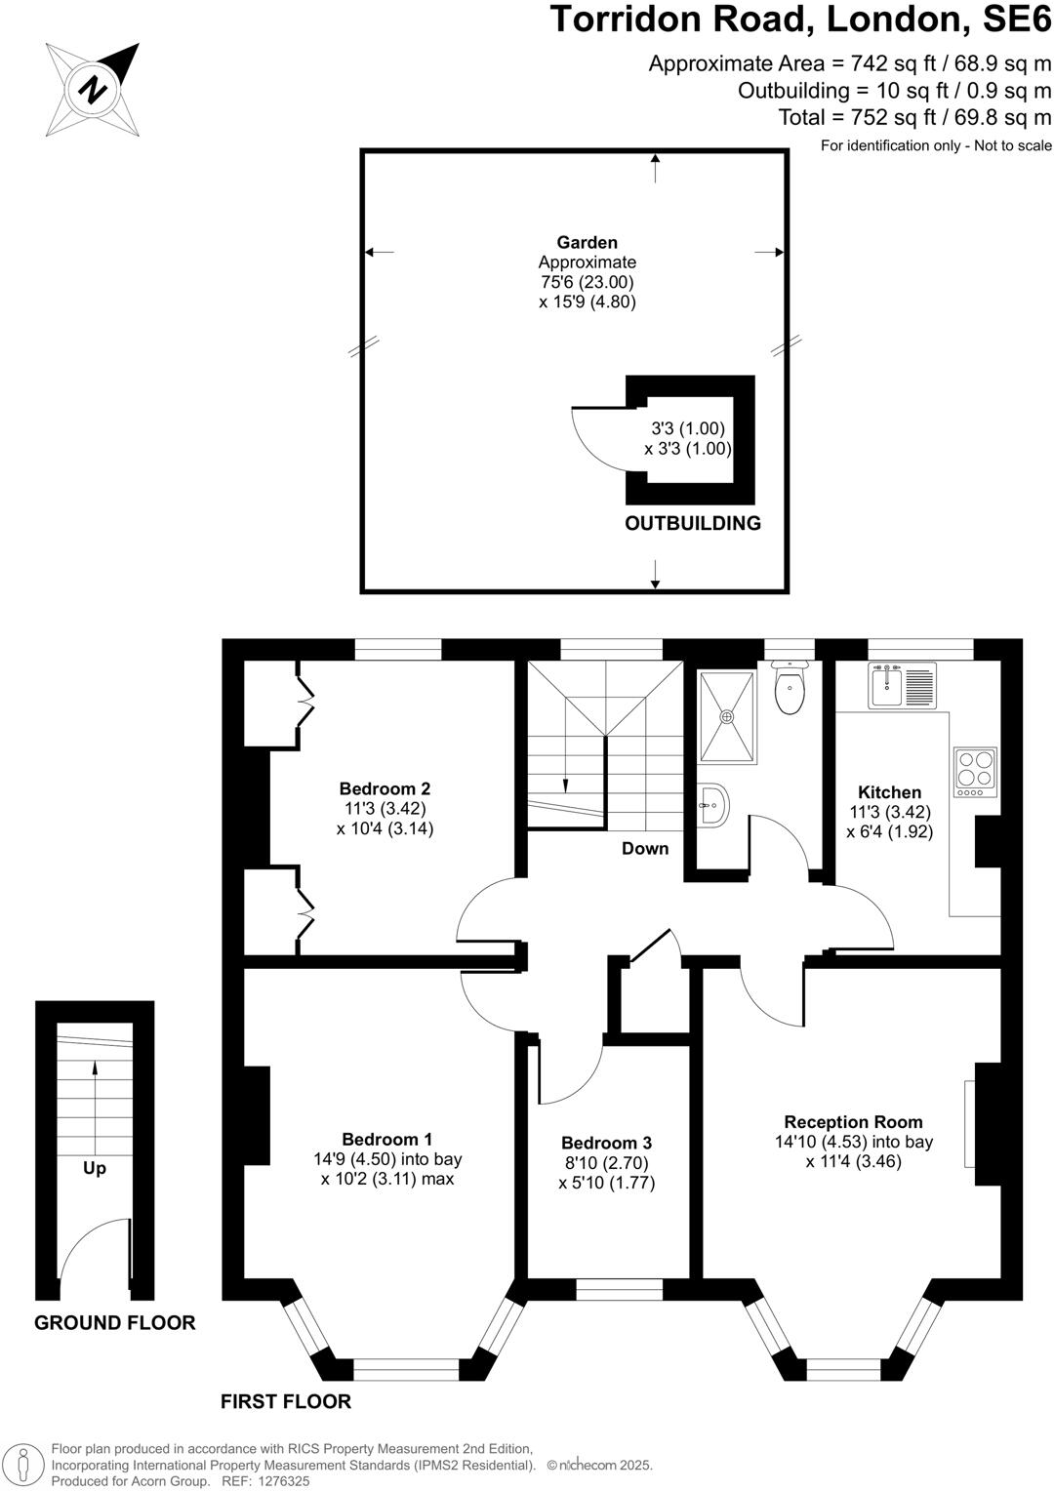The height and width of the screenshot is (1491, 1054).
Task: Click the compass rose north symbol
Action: click(93, 90)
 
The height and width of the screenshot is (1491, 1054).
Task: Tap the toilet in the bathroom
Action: click(789, 686)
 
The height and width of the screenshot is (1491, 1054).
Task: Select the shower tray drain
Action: click(726, 717)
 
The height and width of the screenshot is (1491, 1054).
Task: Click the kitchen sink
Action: click(887, 685)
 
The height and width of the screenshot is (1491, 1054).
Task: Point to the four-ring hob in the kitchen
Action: click(975, 767)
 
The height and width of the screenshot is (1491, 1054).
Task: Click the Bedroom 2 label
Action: click(385, 788)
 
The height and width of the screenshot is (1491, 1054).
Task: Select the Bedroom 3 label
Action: click(606, 1143)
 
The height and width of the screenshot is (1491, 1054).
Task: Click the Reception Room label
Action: click(853, 1122)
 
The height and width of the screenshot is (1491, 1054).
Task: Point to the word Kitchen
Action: click(889, 792)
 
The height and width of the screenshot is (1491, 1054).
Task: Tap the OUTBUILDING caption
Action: click(693, 523)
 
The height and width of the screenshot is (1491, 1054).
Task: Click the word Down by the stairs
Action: click(645, 848)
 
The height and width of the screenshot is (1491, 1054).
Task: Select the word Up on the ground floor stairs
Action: click(95, 1168)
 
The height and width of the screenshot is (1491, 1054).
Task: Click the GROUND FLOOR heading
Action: click(115, 1322)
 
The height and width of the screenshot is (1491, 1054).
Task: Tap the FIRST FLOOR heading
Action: click(285, 1401)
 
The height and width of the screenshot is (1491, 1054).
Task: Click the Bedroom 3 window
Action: click(619, 1291)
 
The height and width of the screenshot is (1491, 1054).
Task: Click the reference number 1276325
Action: click(282, 1480)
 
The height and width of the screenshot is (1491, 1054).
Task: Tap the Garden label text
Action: click(587, 242)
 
